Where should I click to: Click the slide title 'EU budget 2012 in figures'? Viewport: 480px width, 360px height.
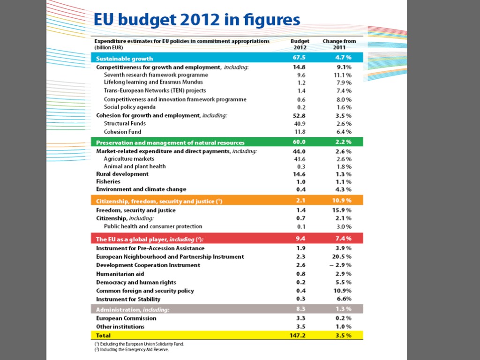pyautogui.click(x=197, y=20)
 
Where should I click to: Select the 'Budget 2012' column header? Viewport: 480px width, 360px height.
pyautogui.click(x=300, y=44)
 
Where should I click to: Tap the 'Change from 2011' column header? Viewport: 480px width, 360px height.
pyautogui.click(x=339, y=44)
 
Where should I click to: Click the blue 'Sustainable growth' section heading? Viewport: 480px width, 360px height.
pyautogui.click(x=125, y=59)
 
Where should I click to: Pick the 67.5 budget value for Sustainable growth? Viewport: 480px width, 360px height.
pyautogui.click(x=300, y=58)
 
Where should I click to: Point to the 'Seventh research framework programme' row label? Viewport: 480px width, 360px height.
pyautogui.click(x=156, y=75)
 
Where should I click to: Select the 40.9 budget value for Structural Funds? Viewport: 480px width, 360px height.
pyautogui.click(x=300, y=124)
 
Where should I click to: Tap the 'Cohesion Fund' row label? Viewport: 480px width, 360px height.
pyautogui.click(x=122, y=132)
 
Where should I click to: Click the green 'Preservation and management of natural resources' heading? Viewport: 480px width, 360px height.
pyautogui.click(x=170, y=142)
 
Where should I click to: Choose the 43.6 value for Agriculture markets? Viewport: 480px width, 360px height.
pyautogui.click(x=300, y=159)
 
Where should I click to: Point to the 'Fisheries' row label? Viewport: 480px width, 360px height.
pyautogui.click(x=108, y=181)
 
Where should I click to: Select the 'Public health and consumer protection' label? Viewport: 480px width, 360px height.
pyautogui.click(x=153, y=226)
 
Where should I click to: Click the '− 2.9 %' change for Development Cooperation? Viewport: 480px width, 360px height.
pyautogui.click(x=341, y=265)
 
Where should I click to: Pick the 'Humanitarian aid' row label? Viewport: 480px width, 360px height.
pyautogui.click(x=120, y=274)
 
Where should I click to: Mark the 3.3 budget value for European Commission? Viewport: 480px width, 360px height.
pyautogui.click(x=301, y=318)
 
